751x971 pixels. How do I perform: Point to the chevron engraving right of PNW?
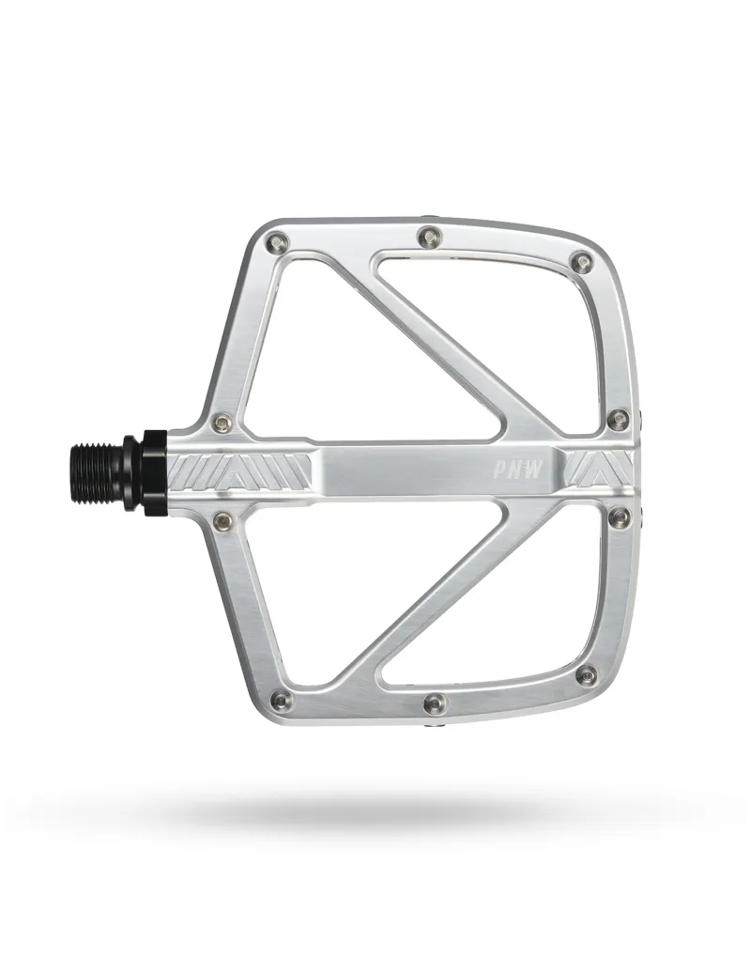click(x=599, y=468)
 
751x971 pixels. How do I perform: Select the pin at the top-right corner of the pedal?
click(x=583, y=260)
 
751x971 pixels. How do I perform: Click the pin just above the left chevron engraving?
click(x=222, y=422)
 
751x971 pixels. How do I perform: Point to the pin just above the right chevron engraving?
click(x=618, y=418)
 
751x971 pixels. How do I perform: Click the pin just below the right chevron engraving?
click(x=618, y=516)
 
